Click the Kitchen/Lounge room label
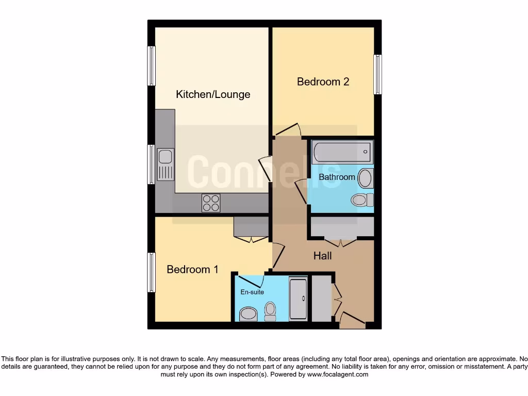tap(213, 94)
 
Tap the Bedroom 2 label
tap(323, 81)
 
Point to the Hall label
tap(323, 256)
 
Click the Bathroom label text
tap(337, 177)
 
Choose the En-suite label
tap(252, 292)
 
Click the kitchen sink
tap(166, 164)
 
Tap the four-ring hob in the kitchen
tap(211, 203)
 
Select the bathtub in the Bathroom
tap(341, 152)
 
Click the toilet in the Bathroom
tap(360, 199)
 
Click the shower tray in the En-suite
tap(298, 299)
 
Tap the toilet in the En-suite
tap(270, 310)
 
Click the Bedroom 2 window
tap(378, 74)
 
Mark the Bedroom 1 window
tap(152, 273)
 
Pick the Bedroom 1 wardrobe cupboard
tap(251, 226)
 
